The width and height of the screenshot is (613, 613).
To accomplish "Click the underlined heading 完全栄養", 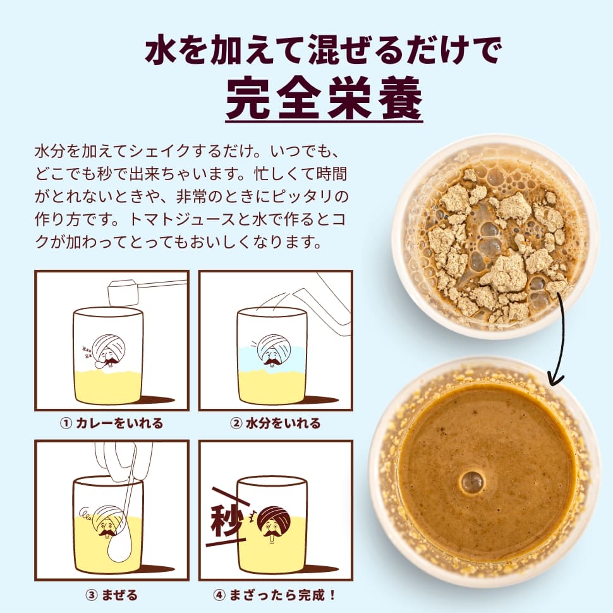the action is coord(324,99).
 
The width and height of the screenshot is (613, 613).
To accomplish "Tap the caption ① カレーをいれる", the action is coord(111,423).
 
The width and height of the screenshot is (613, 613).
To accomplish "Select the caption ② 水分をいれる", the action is coord(276,423).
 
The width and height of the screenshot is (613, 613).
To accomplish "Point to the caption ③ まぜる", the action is coord(111,595).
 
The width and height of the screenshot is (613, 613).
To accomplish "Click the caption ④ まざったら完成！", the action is coord(276,595).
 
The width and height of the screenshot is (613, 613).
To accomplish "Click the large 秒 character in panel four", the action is coord(226,521).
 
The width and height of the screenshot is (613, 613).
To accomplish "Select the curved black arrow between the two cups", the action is coord(561,340).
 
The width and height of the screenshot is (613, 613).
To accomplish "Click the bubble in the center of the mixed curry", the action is coord(472,482).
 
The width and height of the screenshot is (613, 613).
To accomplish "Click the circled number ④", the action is coord(219,596).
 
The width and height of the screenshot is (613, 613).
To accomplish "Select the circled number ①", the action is coord(66,423).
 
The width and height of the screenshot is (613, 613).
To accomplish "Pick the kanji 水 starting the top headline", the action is coord(161,49).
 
